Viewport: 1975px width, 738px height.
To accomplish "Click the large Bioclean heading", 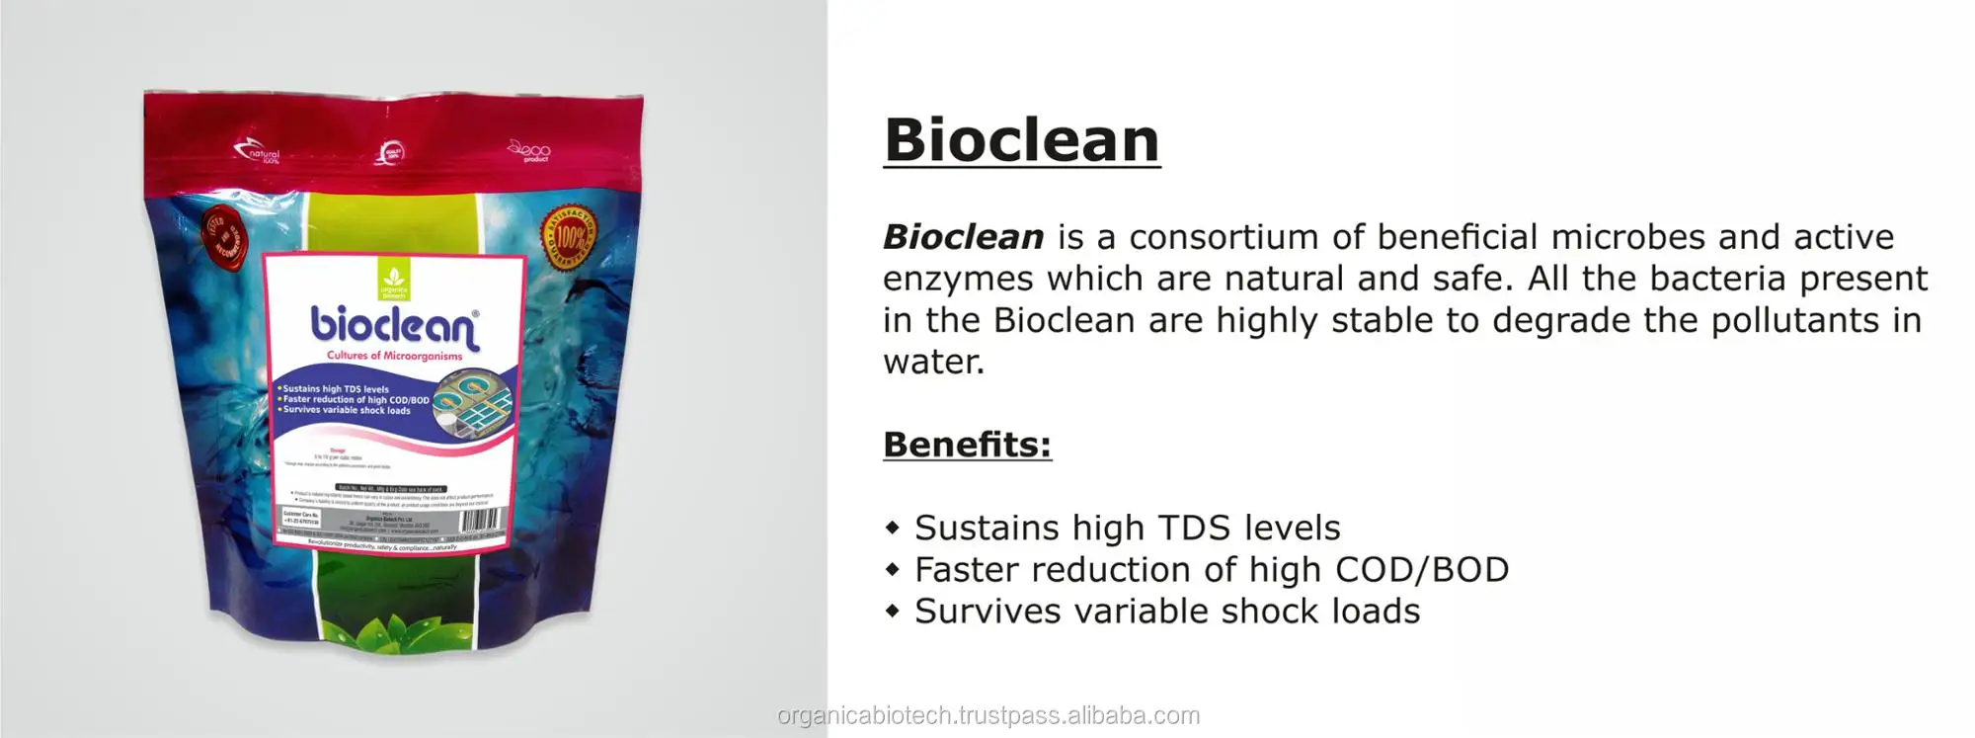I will [1021, 140].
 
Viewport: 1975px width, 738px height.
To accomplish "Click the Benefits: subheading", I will [967, 445].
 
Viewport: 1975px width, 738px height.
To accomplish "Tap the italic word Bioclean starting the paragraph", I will [963, 237].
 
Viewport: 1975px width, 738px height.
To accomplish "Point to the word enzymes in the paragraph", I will [957, 279].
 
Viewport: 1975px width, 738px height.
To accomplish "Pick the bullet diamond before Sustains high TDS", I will [893, 528].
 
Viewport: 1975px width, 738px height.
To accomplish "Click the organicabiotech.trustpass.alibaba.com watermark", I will [988, 715].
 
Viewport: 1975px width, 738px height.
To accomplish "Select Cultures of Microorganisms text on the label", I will [395, 356].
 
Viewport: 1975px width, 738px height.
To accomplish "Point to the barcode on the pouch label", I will [481, 520].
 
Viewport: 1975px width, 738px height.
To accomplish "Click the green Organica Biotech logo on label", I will [393, 283].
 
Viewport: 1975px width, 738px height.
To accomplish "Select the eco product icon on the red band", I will [529, 151].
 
